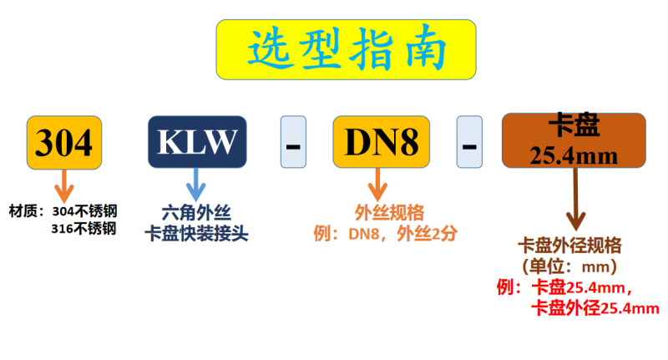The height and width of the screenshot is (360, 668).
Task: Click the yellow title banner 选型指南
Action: (346, 49)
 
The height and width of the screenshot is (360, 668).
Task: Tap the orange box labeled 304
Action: (64, 142)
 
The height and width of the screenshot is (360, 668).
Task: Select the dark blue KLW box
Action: (197, 142)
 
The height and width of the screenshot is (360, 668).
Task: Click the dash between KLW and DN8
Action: (293, 142)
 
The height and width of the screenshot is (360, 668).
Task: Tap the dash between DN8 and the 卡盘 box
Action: (469, 142)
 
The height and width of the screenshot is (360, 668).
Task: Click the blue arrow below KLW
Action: (196, 183)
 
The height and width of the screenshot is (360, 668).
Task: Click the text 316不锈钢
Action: (83, 227)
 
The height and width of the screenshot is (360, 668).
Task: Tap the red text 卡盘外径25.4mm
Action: (594, 309)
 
